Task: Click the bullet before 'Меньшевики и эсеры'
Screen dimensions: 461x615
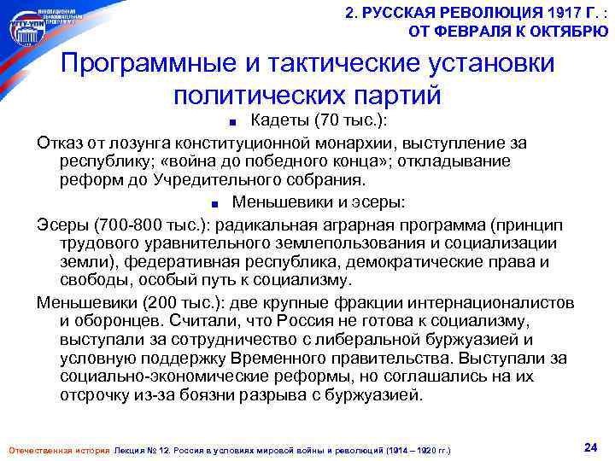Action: (x=219, y=204)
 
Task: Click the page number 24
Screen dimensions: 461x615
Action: (x=589, y=446)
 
